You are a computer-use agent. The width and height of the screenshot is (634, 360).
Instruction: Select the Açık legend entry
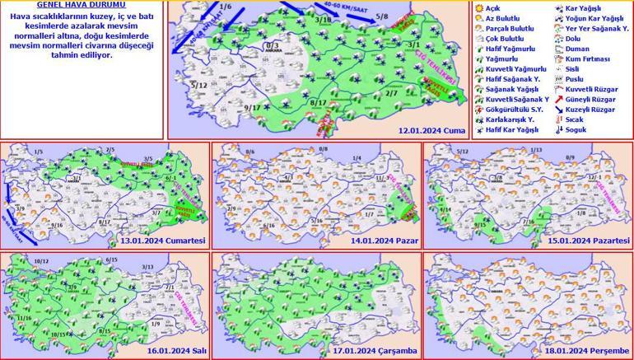coord(492,7)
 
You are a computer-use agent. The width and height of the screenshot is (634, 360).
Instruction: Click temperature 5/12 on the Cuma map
coord(198,85)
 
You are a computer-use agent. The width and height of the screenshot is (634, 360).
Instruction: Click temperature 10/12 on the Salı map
coord(43,261)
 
